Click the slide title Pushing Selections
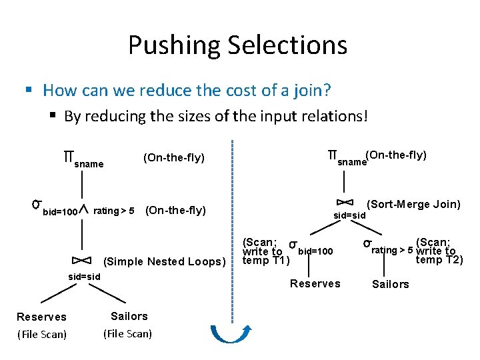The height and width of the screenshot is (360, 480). click(237, 45)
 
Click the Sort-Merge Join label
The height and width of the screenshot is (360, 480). click(413, 205)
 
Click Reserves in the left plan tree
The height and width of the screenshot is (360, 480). click(41, 317)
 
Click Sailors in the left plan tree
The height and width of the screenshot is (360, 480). click(129, 316)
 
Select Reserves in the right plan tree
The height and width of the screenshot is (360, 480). click(315, 284)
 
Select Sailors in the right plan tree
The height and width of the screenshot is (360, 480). click(390, 285)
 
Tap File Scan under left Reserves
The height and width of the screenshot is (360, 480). click(41, 335)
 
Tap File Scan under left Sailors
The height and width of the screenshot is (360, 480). click(127, 334)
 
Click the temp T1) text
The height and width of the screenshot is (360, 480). click(265, 261)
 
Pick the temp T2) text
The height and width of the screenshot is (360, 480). click(439, 261)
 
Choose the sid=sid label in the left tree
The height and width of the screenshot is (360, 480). click(85, 277)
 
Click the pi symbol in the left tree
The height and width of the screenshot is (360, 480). click(67, 157)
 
